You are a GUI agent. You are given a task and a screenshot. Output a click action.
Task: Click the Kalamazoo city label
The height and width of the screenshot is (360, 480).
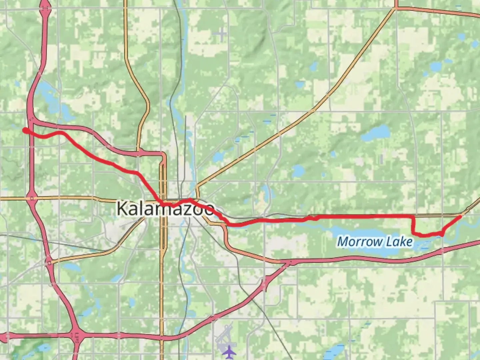point(165,209)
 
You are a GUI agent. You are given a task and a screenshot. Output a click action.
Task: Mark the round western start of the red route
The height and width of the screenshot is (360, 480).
point(25,130)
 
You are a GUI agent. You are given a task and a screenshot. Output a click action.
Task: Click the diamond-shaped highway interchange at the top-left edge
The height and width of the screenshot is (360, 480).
point(45,9)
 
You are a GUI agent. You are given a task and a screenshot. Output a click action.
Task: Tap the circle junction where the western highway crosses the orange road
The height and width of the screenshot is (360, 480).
point(31,198)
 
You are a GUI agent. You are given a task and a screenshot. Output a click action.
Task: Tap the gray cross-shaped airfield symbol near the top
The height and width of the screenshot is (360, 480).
point(222,33)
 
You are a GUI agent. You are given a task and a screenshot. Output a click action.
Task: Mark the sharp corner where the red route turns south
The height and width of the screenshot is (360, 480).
point(413,217)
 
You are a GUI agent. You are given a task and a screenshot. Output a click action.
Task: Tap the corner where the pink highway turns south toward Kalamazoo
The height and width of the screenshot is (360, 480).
point(163,155)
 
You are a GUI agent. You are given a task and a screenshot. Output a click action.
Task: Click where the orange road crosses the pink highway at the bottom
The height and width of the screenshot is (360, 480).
point(162,337)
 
